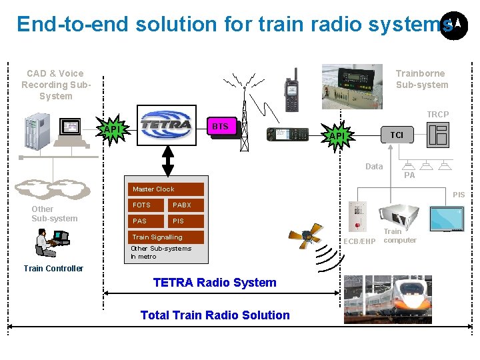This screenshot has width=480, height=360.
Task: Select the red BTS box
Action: pos(219,126)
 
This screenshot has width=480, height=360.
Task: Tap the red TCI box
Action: pos(397,135)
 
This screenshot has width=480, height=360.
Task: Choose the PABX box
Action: pos(186,205)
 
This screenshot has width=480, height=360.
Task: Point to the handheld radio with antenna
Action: pos(291,89)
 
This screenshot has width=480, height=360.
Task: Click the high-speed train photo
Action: pos(388,299)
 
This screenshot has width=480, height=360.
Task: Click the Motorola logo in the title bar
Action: pos(454,25)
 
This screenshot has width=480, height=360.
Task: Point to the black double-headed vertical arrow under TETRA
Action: pos(168,161)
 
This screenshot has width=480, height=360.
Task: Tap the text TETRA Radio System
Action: pos(215,283)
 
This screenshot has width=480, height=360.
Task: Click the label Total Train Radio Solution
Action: pos(215,315)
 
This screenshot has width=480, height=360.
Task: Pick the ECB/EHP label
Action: pos(359,241)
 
